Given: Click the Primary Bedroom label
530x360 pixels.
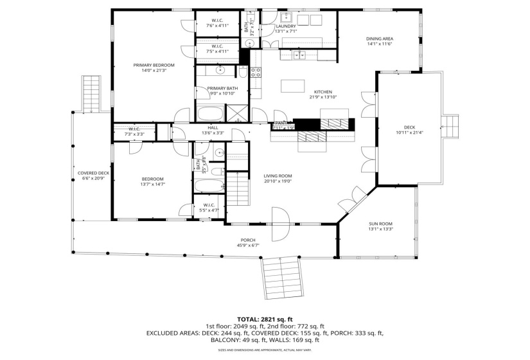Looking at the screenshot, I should click(150, 65).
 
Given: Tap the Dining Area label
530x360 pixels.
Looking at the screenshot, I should click(380, 39).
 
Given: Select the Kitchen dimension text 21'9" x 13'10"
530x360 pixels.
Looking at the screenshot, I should click(322, 97).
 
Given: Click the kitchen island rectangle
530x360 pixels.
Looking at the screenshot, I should click(292, 85).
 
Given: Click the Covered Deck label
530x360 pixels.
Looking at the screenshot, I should click(94, 173).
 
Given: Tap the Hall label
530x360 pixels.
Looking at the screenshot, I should click(213, 127).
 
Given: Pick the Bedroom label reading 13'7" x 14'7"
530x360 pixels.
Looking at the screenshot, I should click(153, 179).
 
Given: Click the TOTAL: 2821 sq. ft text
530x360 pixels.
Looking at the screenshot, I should click(265, 319).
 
